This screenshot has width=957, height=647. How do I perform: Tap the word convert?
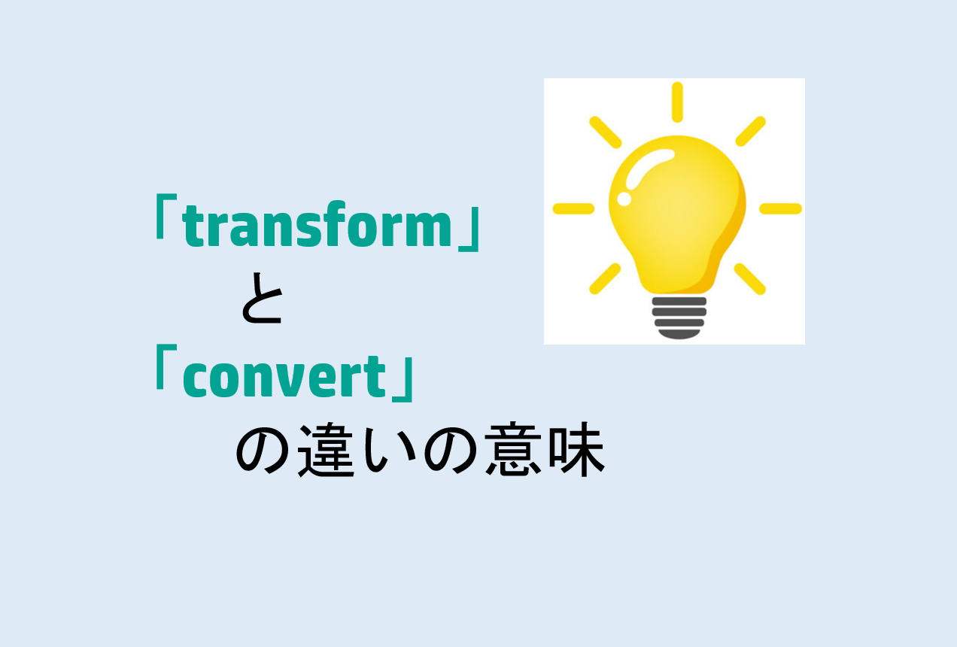tap(284, 378)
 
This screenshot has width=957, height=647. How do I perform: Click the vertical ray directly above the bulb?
tap(677, 102)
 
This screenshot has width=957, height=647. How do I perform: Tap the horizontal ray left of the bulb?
tap(573, 208)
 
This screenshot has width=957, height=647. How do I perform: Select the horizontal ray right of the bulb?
tap(780, 208)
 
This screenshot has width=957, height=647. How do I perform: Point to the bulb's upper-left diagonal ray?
tap(605, 132)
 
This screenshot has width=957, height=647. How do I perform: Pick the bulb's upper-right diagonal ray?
tap(750, 132)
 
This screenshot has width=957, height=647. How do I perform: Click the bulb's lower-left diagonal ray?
tap(605, 278)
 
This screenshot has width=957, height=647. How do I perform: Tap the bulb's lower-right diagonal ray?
tap(750, 278)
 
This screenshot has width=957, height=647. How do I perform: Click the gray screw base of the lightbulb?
tap(679, 316)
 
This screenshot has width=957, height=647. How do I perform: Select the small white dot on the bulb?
tap(624, 199)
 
